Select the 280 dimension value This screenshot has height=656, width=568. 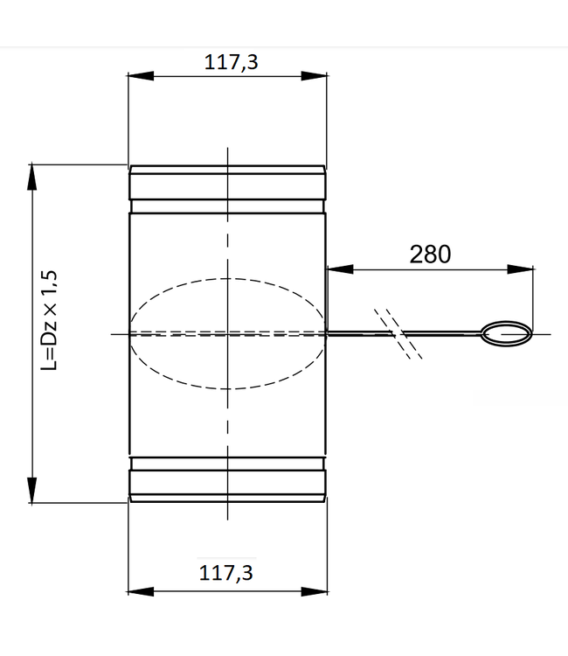(x=430, y=254)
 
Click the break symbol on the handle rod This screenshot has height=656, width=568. (x=398, y=332)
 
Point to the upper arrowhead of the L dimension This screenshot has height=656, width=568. (x=32, y=175)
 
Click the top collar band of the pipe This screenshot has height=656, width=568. (x=227, y=185)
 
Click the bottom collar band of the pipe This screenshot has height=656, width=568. (x=227, y=482)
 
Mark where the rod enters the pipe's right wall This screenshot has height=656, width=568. (x=326, y=332)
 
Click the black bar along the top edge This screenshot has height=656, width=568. (x=284, y=23)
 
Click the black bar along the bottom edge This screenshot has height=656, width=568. (x=284, y=632)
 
